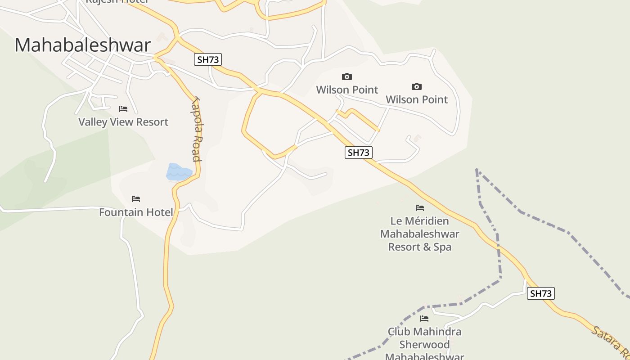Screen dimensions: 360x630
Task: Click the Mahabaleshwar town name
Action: [x=83, y=45]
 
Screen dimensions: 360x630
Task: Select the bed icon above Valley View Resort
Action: [x=123, y=109]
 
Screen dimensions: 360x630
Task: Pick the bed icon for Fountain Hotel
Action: [x=136, y=199]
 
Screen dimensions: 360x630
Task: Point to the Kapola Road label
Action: [x=197, y=130]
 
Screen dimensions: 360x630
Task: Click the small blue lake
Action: [x=179, y=172]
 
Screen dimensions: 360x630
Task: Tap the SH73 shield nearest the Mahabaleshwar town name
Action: [x=208, y=59]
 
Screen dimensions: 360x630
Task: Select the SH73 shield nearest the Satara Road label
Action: [x=540, y=293]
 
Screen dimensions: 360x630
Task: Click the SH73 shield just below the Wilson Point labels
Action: [x=359, y=153]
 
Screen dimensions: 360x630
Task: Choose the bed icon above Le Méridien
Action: [x=420, y=208]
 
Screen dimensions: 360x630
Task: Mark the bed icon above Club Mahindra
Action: [x=424, y=319]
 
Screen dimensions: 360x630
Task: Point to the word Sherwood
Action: [x=424, y=345]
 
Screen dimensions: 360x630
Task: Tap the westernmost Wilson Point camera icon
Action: [x=346, y=77]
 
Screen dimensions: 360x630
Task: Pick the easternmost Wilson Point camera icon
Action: [x=417, y=86]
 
